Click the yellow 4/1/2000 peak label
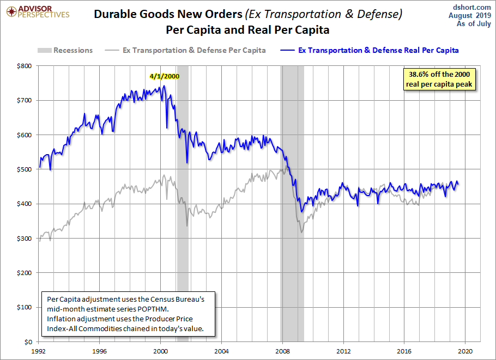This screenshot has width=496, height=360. [164, 76]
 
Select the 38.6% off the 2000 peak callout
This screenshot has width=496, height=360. [438, 79]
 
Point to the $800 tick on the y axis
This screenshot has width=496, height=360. [25, 66]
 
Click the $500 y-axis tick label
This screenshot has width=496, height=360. [25, 169]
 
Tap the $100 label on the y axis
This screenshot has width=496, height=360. [25, 307]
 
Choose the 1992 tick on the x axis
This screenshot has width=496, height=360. [38, 351]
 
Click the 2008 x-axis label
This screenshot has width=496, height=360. [282, 351]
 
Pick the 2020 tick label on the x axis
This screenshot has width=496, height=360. [465, 351]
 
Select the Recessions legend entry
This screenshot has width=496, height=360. [65, 50]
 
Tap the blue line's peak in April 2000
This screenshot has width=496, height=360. [164, 86]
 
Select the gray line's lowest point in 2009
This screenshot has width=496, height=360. [301, 233]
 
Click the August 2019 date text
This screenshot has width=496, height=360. [473, 15]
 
